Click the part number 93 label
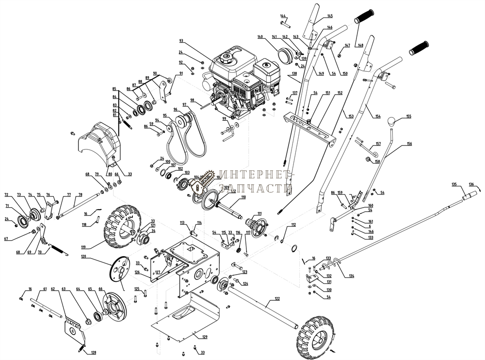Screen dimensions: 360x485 (181, 41)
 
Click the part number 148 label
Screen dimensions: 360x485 (360, 45)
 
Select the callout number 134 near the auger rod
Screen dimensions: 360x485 (351, 276)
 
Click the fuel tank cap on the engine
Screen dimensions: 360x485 (225, 57)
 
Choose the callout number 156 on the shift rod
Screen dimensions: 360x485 (409, 144)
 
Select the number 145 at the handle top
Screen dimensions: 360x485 (330, 16)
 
